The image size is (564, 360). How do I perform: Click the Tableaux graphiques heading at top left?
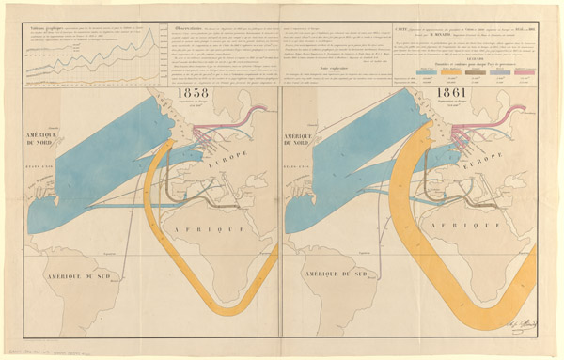[39, 27]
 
